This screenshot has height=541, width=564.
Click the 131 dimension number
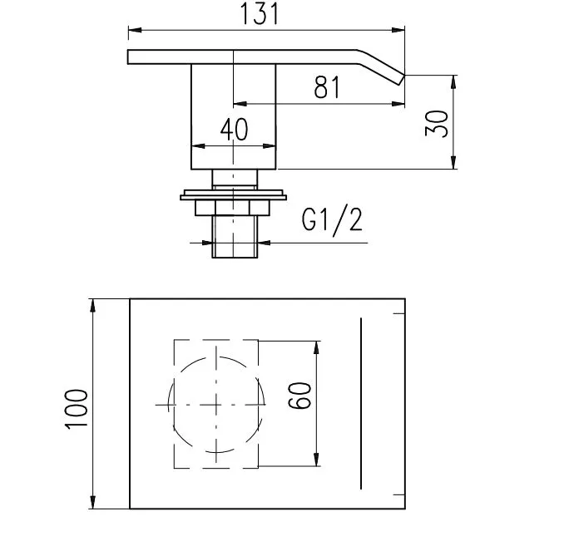pos(259,13)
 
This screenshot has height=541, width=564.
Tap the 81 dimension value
pos(327,87)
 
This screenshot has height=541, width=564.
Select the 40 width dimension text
pos(234,130)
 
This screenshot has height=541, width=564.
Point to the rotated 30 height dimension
pos(437,123)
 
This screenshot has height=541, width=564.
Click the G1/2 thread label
pos(332,220)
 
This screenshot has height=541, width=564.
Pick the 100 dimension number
pos(77,409)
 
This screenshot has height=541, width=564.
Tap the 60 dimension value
pos(299,396)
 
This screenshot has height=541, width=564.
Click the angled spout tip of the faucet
pos(401,80)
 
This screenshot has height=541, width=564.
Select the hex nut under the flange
pos(232,208)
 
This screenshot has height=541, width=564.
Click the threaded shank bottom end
pos(235,257)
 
